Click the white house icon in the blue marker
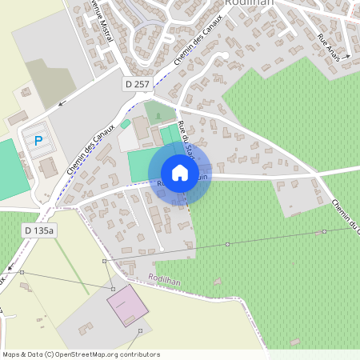click(179, 172)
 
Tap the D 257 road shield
click(137, 83)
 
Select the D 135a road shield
click(40, 230)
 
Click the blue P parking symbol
click(38, 141)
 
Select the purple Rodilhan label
click(165, 279)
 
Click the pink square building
click(128, 306)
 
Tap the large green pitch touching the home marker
click(146, 165)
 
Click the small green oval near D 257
click(126, 124)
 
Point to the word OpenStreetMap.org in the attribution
click(97, 354)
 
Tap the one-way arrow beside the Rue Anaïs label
click(345, 58)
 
